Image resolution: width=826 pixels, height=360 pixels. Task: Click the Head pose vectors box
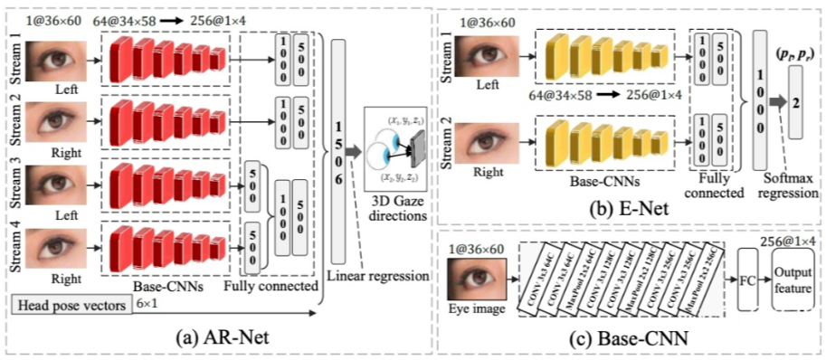click(71, 307)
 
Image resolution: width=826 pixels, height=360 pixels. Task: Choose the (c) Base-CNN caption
click(630, 341)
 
